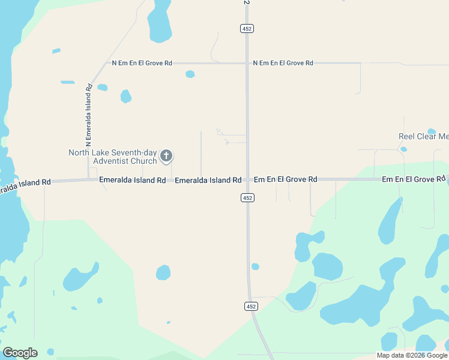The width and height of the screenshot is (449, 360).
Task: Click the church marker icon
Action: coord(166,157)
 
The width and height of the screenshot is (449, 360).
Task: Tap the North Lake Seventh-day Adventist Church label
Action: coord(113,157)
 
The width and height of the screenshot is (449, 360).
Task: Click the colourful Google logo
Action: coord(20,353)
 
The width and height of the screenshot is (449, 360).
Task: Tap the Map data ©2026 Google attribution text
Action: coord(412,355)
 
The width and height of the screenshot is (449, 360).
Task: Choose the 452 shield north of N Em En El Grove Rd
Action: coord(247,28)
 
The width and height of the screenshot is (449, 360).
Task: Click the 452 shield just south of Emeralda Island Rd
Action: coord(247,197)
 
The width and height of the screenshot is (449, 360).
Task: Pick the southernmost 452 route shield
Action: coord(252,306)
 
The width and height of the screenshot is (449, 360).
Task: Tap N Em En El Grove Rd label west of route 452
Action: coord(142,63)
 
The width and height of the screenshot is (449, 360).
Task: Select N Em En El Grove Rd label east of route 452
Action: coord(283,63)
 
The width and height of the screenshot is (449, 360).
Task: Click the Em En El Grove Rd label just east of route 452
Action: coord(285,179)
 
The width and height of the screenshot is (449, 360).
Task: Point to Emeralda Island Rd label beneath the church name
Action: coord(132,180)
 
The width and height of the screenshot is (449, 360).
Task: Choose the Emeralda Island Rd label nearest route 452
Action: coord(208,180)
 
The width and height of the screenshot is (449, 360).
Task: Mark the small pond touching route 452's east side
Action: coord(255,266)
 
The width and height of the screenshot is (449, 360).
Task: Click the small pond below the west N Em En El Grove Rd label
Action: coord(190,74)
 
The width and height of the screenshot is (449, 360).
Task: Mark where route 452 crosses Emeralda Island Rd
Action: coord(247,179)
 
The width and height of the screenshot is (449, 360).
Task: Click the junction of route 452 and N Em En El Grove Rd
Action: coord(247,63)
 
